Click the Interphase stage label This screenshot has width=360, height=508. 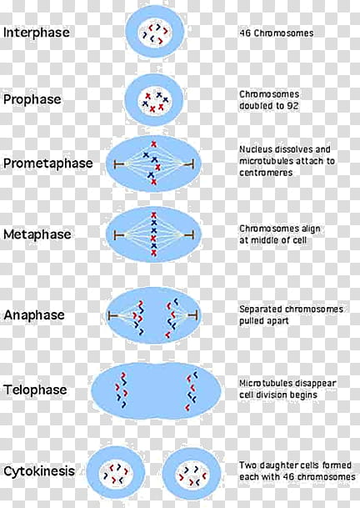pyautogui.click(x=37, y=33)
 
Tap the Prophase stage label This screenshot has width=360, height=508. pyautogui.click(x=32, y=99)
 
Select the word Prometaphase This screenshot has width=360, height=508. pyautogui.click(x=47, y=163)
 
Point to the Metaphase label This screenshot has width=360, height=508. pyautogui.click(x=37, y=234)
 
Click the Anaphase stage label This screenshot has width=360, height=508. pyautogui.click(x=34, y=315)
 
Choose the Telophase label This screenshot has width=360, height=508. pyautogui.click(x=35, y=390)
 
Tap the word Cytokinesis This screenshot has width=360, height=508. pyautogui.click(x=39, y=471)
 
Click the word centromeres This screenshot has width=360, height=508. pyautogui.click(x=266, y=173)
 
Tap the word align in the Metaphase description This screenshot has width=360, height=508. pyautogui.click(x=311, y=229)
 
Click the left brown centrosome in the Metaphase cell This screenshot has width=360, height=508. pyautogui.click(x=119, y=235)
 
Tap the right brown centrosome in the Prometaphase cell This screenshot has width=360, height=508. pyautogui.click(x=189, y=164)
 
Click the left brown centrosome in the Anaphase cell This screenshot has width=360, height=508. pyautogui.click(x=113, y=315)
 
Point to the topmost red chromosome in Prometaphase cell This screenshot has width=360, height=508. pyautogui.click(x=154, y=144)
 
